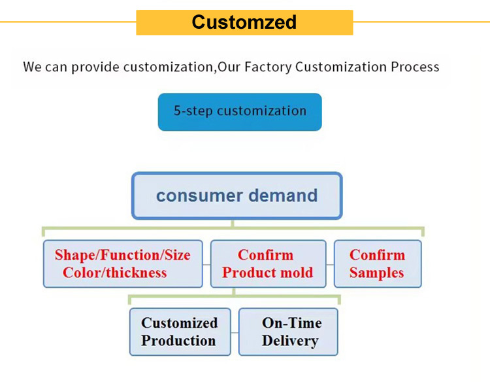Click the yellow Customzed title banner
(244, 22)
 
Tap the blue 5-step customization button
(240, 111)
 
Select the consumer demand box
(237, 196)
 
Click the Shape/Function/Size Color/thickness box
(123, 264)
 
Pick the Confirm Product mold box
(268, 264)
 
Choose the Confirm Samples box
(378, 264)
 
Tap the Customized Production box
(179, 332)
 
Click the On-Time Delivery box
(288, 332)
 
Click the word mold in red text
(297, 273)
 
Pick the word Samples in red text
(376, 273)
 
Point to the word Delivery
(290, 341)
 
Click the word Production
(178, 341)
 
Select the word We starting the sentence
(33, 67)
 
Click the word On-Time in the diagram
(291, 322)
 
